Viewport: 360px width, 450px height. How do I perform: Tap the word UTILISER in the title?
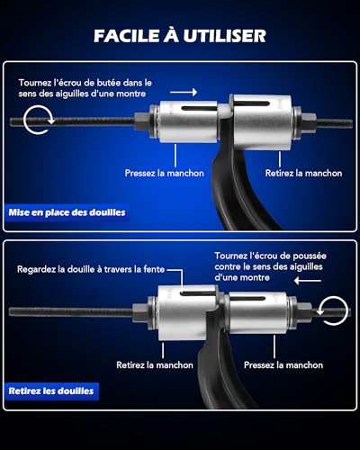224,36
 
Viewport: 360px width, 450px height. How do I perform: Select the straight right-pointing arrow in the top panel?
184,92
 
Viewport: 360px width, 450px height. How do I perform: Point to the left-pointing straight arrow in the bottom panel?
308,281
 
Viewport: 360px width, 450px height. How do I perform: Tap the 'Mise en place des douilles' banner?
67,212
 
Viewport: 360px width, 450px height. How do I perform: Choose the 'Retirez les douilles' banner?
51,391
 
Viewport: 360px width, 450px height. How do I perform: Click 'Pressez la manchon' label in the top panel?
165,173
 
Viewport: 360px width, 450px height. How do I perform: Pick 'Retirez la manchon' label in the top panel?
303,173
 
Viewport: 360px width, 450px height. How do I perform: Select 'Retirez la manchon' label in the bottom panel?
155,365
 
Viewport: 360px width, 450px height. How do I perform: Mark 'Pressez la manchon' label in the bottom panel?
283,365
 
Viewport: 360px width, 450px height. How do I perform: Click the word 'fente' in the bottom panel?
154,269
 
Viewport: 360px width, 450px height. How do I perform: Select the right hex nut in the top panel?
309,121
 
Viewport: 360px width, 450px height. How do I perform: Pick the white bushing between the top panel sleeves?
224,111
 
